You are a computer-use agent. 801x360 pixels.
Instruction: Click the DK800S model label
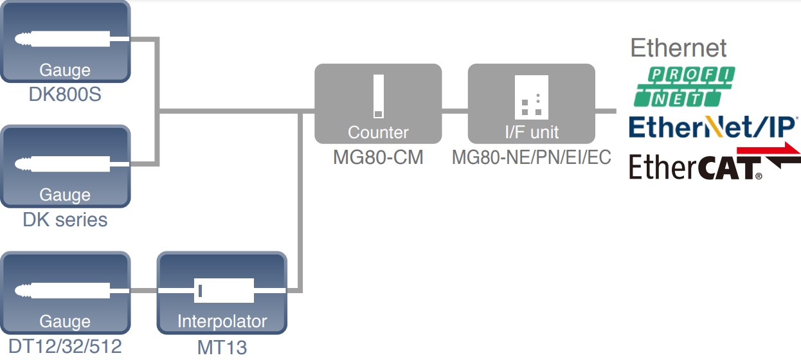coord(65,95)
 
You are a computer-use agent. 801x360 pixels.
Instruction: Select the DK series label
coord(65,220)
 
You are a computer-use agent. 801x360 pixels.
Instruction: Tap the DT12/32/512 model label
coord(65,346)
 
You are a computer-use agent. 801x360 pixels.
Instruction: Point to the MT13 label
coord(222,347)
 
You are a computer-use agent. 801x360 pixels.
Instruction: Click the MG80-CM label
coord(378,157)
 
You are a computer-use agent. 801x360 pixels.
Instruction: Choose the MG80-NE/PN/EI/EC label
coord(531,157)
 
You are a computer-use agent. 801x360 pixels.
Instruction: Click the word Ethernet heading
coord(678,48)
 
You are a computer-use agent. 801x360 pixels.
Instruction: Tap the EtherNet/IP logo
coord(713,127)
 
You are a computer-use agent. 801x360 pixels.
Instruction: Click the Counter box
coord(378,103)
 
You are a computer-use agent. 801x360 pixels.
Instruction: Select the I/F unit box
coord(531,103)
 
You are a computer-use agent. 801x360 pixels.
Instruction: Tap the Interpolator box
coord(222,292)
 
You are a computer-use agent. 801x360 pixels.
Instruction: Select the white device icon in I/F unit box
coord(531,96)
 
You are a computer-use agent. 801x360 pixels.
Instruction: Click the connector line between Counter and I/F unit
coord(455,111)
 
